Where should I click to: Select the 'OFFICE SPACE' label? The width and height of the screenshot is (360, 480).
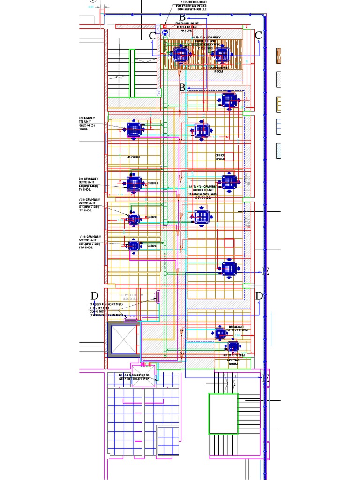click(220, 157)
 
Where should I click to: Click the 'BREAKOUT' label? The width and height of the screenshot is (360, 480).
click(236, 327)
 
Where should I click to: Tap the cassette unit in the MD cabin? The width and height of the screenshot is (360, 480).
click(134, 130)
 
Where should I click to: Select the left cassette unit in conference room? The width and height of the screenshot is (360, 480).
click(180, 55)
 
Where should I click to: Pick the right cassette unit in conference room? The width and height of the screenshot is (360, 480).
click(221, 55)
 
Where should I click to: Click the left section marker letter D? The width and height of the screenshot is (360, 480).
click(95, 296)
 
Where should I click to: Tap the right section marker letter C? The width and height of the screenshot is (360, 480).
click(258, 36)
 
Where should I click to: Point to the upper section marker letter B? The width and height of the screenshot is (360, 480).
click(182, 18)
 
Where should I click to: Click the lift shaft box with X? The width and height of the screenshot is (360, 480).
click(123, 339)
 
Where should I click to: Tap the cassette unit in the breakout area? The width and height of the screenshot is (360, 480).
click(220, 333)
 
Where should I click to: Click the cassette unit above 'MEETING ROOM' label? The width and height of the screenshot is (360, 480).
click(232, 347)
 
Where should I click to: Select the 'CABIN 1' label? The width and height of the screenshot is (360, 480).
click(153, 183)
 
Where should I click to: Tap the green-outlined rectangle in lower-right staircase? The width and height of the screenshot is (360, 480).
click(223, 414)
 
